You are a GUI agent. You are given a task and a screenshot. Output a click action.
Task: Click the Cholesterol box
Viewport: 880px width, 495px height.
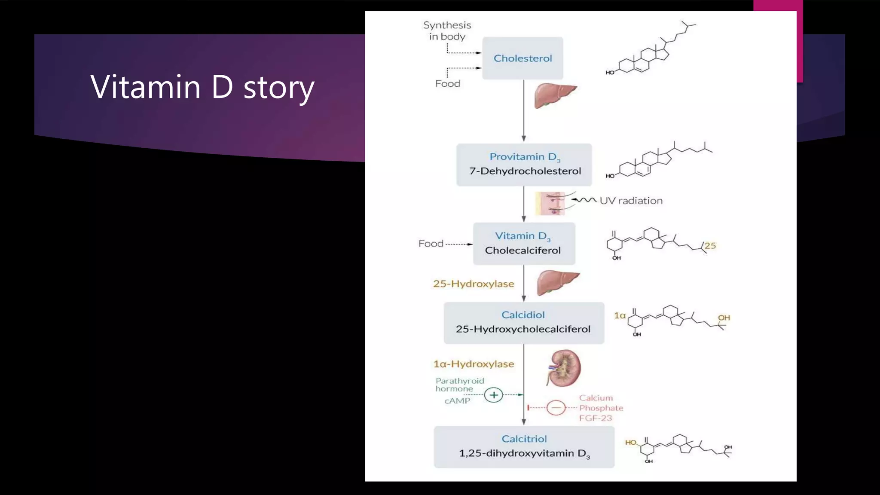[x=522, y=58]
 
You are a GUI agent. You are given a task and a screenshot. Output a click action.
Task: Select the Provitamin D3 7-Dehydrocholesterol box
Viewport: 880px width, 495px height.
[x=524, y=165]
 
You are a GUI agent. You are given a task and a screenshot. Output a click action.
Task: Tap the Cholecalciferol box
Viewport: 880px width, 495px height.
[x=524, y=244]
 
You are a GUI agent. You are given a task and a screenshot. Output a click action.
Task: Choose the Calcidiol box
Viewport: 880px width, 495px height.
[x=524, y=323]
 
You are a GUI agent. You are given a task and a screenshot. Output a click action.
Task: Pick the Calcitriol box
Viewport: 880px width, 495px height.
[x=524, y=447]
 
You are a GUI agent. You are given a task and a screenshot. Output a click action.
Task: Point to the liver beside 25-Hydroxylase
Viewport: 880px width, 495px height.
[x=557, y=282]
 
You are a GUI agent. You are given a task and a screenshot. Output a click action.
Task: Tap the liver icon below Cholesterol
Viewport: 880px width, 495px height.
[x=555, y=95]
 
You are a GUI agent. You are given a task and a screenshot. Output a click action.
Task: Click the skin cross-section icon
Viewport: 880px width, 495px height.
[x=550, y=203]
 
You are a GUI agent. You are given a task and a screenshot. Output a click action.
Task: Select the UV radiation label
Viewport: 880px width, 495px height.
[x=631, y=201]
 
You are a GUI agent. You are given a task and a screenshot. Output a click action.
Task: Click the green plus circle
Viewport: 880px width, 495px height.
[x=494, y=395]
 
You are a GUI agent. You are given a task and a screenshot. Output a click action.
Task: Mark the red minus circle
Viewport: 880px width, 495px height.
[x=556, y=407]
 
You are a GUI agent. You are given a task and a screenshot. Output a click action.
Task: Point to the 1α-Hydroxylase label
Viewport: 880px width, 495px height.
[x=474, y=364]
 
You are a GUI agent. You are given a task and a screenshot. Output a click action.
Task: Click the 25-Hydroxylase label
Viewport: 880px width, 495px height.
[x=474, y=284]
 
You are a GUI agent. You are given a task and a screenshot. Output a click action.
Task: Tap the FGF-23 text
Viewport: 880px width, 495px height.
[x=596, y=418]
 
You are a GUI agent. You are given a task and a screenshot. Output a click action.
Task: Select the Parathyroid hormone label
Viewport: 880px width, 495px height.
[x=459, y=385]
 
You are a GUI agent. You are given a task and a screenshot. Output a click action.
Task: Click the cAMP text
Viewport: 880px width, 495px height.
[x=457, y=401]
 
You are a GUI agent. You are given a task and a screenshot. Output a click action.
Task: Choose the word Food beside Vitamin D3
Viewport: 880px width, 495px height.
[x=431, y=244]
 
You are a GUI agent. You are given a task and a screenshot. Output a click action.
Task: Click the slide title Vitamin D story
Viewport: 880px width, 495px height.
[x=202, y=87]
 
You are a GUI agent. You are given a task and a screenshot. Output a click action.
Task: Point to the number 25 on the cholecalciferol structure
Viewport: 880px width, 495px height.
[x=710, y=246]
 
